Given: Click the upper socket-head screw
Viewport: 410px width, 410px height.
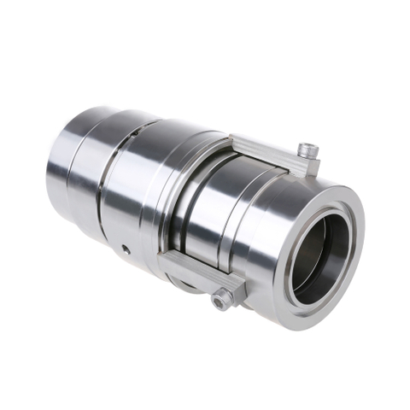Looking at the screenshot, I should pos(308,150).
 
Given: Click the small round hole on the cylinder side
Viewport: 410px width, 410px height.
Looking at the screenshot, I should pos(126,249).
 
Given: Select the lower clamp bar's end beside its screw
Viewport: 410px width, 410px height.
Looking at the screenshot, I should pos(234,288).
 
